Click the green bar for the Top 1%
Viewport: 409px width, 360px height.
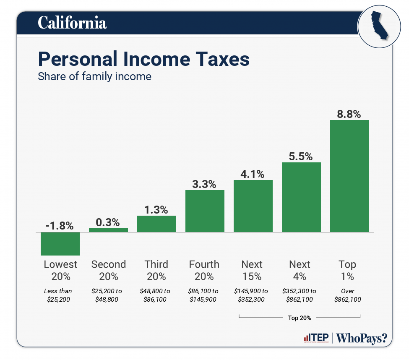pyautogui.click(x=349, y=176)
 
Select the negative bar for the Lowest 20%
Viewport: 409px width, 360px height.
pyautogui.click(x=60, y=244)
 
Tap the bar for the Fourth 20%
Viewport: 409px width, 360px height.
pyautogui.click(x=205, y=211)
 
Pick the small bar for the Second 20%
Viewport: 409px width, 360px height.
pyautogui.click(x=108, y=230)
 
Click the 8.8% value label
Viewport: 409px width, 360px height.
pyautogui.click(x=349, y=114)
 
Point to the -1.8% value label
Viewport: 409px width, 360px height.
pyautogui.click(x=60, y=226)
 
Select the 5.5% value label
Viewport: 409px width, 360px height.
pyautogui.click(x=301, y=156)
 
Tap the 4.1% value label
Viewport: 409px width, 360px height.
pyautogui.click(x=253, y=174)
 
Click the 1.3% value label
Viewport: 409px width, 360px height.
pyautogui.click(x=156, y=209)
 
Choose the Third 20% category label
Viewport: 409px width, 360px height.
pyautogui.click(x=156, y=270)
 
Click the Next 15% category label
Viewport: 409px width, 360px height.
pyautogui.click(x=252, y=270)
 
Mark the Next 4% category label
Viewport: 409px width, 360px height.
pyautogui.click(x=300, y=270)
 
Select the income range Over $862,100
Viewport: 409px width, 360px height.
pyautogui.click(x=348, y=295)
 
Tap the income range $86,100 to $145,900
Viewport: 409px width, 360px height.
pyautogui.click(x=204, y=295)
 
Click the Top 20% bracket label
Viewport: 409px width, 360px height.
pyautogui.click(x=300, y=318)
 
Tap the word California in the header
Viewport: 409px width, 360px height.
pyautogui.click(x=72, y=23)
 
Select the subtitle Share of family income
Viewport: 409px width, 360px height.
pyautogui.click(x=94, y=77)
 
